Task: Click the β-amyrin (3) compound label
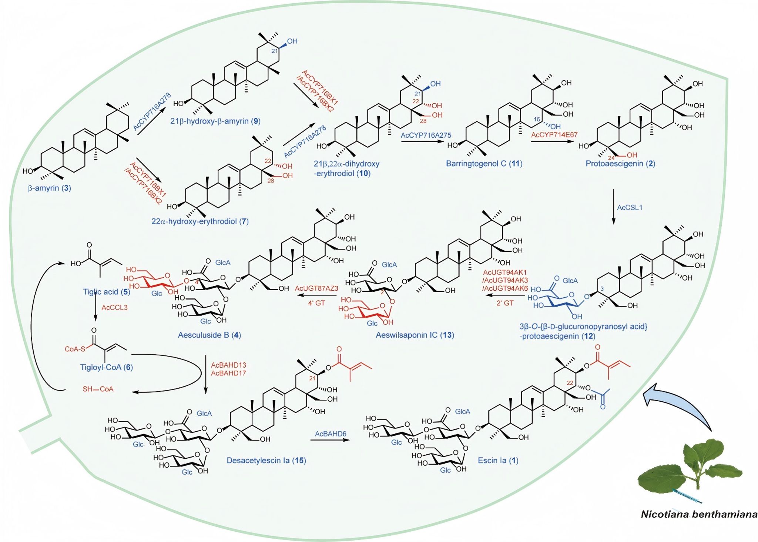click(x=50, y=188)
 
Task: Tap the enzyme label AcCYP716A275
click(x=426, y=135)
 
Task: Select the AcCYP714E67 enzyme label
click(x=554, y=135)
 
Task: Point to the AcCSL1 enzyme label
click(x=630, y=207)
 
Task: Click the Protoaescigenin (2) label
click(x=620, y=164)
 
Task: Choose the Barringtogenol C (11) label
click(x=484, y=164)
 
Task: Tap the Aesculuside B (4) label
click(x=209, y=335)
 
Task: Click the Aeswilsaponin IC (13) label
click(x=415, y=335)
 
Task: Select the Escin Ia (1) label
click(x=498, y=461)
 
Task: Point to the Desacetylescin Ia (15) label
click(x=266, y=461)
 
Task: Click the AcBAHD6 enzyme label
click(x=331, y=434)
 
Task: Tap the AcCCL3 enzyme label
click(x=114, y=307)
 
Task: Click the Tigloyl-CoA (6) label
click(x=107, y=367)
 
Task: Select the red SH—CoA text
click(x=98, y=389)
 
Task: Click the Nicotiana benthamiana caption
click(x=699, y=514)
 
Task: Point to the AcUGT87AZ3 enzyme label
click(x=316, y=288)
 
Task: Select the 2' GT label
click(x=505, y=303)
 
